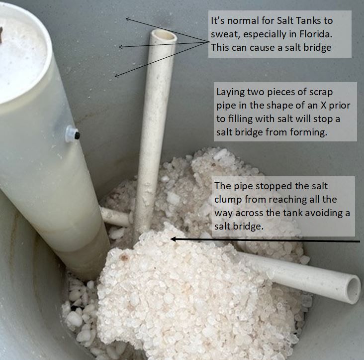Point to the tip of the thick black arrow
172,240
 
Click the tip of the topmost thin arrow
126,19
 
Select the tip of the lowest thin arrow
115,76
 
